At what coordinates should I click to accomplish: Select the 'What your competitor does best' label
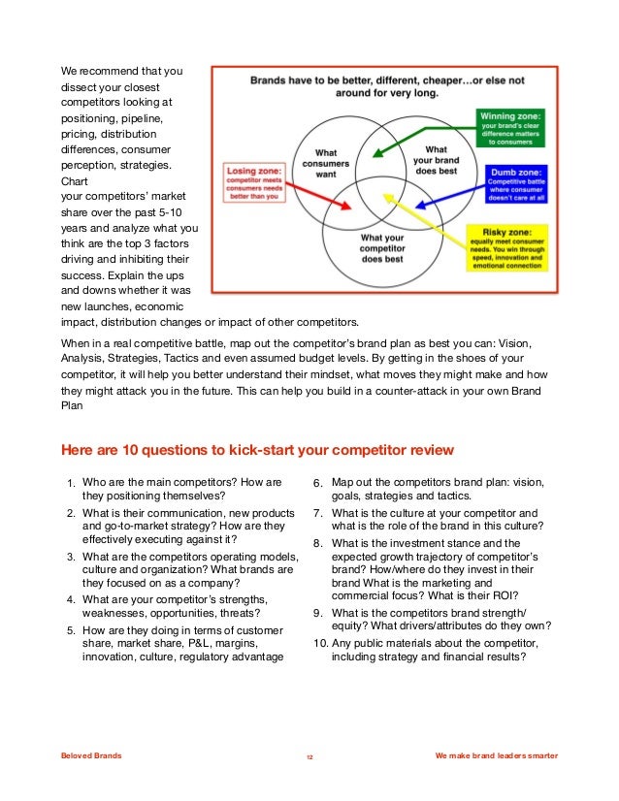[x=381, y=248]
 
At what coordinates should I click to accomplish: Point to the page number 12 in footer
[x=309, y=756]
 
